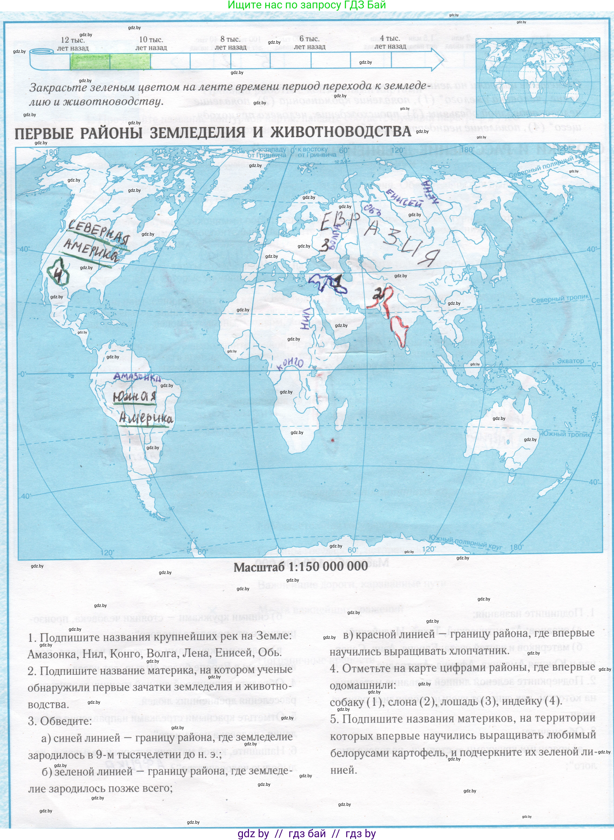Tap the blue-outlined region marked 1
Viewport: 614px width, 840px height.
click(327, 284)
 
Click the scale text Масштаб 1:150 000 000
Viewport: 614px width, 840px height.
click(301, 567)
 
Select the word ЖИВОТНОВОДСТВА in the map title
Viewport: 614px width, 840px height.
click(341, 132)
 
